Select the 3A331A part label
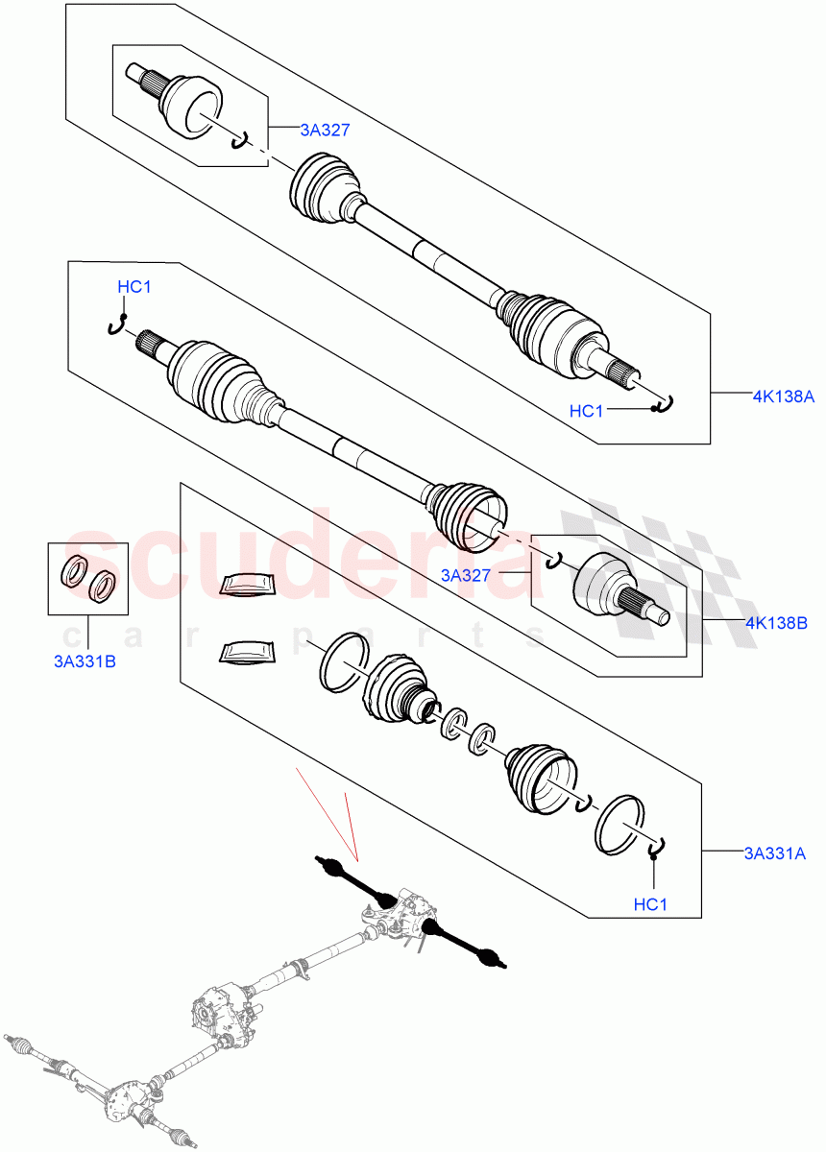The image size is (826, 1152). tap(775, 851)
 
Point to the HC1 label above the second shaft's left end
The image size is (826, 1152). tap(134, 287)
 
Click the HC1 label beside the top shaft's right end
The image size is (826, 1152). tap(586, 411)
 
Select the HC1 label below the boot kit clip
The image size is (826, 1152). tap(651, 903)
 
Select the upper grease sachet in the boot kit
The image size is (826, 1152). tap(247, 585)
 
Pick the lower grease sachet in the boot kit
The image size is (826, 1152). tap(245, 652)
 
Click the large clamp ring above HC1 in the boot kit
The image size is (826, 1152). tap(620, 824)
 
